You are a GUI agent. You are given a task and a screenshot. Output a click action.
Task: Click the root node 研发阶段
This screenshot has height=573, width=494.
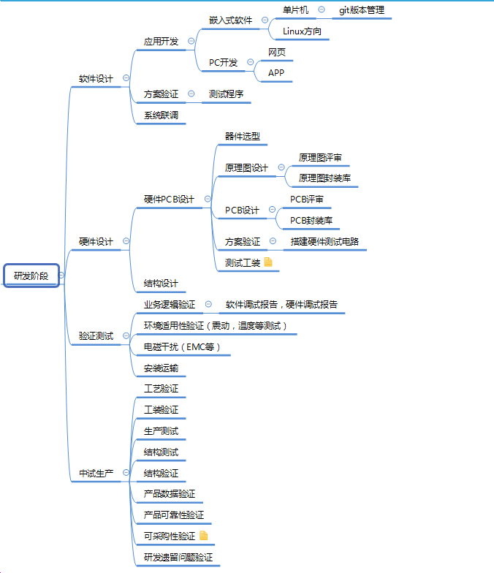pos(31,276)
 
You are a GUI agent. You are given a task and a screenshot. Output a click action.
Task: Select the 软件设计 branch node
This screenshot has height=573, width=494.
pos(96,78)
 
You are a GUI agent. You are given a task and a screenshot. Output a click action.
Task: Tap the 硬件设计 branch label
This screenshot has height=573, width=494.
pos(96,241)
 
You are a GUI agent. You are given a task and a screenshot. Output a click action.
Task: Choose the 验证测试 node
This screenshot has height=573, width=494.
pos(96,336)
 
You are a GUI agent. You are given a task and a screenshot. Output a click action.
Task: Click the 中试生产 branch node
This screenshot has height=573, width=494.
pos(96,474)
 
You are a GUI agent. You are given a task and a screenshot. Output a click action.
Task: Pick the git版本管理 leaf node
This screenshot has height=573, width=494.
pos(361,10)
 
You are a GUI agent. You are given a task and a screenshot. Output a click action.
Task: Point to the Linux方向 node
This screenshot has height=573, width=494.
pos(302,31)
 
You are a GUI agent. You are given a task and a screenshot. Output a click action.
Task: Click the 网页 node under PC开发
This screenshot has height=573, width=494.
pos(277,52)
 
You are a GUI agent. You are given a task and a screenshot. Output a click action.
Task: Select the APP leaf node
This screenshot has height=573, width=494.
pos(276,73)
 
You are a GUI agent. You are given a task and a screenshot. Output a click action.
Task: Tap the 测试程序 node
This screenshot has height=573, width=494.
pos(226,94)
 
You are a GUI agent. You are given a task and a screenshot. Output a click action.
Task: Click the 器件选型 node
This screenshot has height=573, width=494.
pos(242,136)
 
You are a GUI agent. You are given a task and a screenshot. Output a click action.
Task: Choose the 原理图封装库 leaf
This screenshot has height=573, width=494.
pos(324,178)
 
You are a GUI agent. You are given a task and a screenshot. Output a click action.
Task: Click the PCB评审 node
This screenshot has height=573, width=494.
pos(307,199)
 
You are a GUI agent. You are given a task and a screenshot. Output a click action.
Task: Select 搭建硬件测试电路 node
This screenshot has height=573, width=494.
pos(324,241)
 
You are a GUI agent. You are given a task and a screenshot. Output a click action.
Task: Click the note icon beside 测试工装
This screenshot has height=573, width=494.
pos(268,262)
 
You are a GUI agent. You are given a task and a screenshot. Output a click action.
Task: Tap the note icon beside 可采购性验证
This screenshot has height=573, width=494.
pos(204,536)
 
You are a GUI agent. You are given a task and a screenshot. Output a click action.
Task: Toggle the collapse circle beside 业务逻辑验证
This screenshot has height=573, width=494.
pos(208,304)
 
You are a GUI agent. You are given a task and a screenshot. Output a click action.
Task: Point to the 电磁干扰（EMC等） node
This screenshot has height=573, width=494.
pos(182,347)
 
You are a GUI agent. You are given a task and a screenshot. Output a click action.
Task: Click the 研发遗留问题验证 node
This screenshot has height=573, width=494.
pos(178,557)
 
